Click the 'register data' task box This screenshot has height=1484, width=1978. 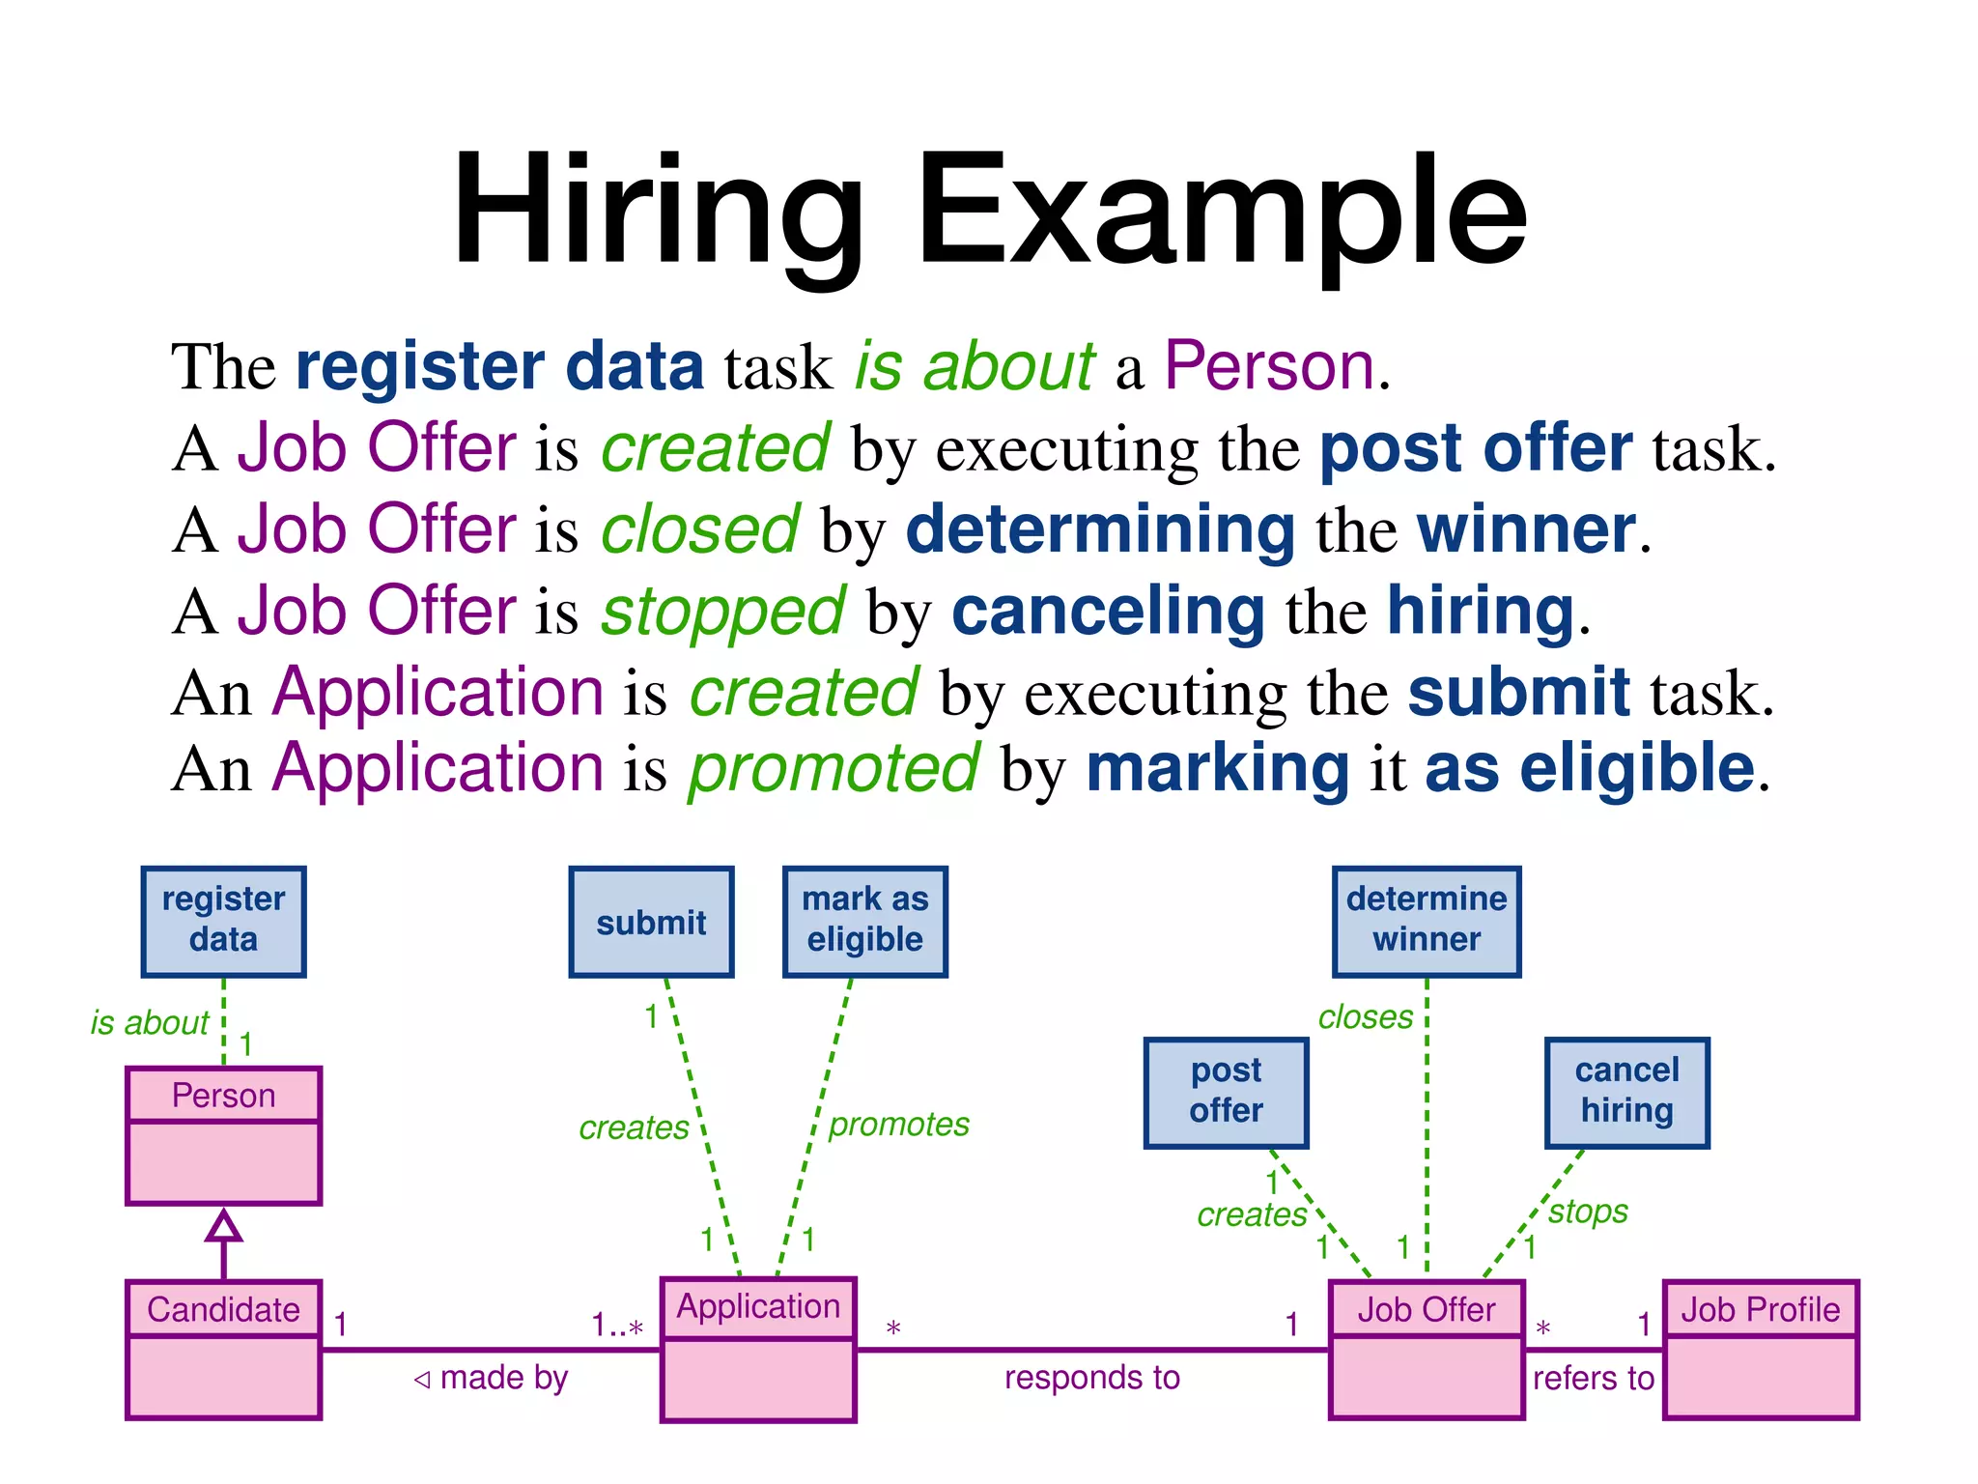pyautogui.click(x=223, y=921)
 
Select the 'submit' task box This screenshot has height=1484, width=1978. pyautogui.click(x=651, y=922)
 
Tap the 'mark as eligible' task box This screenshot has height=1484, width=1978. pyautogui.click(x=864, y=921)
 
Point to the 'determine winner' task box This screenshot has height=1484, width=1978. pyautogui.click(x=1427, y=921)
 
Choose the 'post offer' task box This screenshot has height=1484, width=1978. pyautogui.click(x=1226, y=1092)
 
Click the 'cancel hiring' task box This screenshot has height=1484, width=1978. pyautogui.click(x=1626, y=1092)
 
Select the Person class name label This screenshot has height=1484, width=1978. pyautogui.click(x=223, y=1096)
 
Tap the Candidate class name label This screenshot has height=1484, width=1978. pyautogui.click(x=223, y=1310)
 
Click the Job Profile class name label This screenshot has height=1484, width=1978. pyautogui.click(x=1760, y=1310)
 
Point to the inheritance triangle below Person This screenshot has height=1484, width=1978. pyautogui.click(x=223, y=1226)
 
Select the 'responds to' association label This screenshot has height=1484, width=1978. pyautogui.click(x=1092, y=1378)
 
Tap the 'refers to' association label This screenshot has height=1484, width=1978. pyautogui.click(x=1594, y=1379)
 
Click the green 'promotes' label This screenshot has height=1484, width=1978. pyautogui.click(x=898, y=1125)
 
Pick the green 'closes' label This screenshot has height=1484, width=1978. pyautogui.click(x=1365, y=1017)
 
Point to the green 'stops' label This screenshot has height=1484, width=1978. pyautogui.click(x=1588, y=1212)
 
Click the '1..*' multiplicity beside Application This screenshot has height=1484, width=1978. pyautogui.click(x=617, y=1326)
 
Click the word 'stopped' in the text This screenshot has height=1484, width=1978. pyautogui.click(x=722, y=613)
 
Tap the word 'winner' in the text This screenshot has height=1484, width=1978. pyautogui.click(x=1526, y=530)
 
